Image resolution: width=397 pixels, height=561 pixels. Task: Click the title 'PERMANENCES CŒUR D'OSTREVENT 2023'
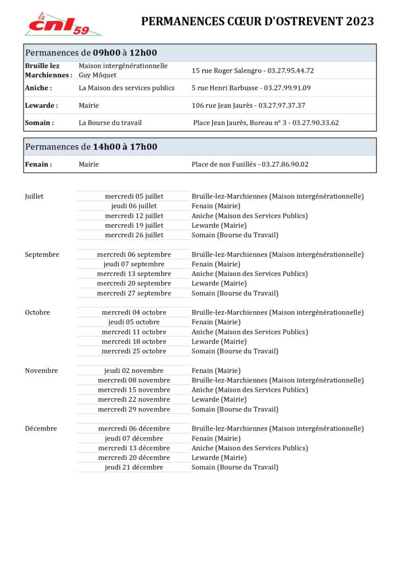tap(257, 22)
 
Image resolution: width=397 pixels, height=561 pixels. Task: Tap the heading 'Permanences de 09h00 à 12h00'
tap(91, 53)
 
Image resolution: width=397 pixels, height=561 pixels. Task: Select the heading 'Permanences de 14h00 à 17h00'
tap(91, 147)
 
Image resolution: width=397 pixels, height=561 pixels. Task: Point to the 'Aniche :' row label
tap(38, 88)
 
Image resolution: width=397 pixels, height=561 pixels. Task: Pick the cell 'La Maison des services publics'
tap(126, 88)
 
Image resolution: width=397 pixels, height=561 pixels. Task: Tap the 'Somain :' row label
tap(39, 123)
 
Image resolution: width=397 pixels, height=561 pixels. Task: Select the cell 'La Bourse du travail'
tap(110, 123)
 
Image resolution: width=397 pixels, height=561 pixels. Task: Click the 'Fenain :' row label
tap(38, 164)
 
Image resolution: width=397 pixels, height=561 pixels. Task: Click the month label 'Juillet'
tap(34, 196)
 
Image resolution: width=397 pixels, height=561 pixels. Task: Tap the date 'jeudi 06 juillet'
tap(134, 206)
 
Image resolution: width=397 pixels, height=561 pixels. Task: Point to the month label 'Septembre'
tap(42, 254)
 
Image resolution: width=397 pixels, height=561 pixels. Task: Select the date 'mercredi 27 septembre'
tap(134, 293)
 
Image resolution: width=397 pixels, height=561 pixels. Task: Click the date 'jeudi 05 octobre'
tap(134, 322)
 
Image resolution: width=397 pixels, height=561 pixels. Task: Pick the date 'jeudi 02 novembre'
tap(134, 371)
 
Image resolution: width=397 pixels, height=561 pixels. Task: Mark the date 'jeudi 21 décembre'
tap(134, 467)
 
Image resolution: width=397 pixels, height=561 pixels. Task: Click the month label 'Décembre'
tap(41, 428)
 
